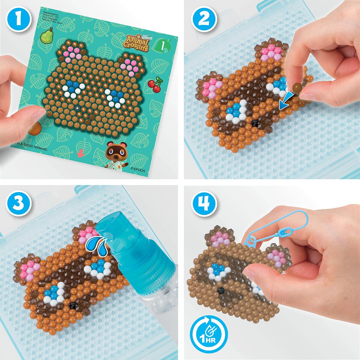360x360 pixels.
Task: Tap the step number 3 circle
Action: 19,204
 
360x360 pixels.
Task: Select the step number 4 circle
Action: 204,204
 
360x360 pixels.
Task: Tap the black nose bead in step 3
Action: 72,305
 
